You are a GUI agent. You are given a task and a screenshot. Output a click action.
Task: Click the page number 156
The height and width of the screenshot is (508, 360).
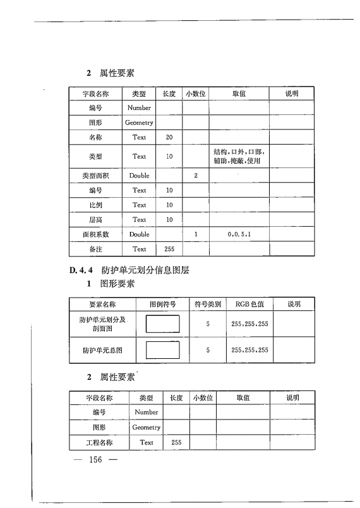point(96,459)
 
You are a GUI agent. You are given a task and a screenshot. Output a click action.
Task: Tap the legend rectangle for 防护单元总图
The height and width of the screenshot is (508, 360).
point(162,349)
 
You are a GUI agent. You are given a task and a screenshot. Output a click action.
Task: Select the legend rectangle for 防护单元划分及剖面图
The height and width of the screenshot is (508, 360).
point(162,324)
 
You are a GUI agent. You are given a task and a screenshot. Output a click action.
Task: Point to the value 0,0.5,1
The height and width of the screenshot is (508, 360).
point(239,234)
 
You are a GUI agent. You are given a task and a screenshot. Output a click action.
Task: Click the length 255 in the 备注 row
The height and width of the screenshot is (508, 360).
point(169,250)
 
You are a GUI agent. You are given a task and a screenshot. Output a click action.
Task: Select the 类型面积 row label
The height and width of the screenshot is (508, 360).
point(96,175)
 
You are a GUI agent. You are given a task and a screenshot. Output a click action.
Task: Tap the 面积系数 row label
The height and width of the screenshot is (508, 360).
point(96,234)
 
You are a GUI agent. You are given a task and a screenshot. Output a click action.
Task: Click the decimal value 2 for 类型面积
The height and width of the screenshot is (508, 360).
point(196,175)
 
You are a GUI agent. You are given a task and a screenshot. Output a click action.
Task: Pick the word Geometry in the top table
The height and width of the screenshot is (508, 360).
point(139,123)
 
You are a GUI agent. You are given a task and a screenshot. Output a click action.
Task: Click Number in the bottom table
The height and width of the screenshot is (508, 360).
point(147,412)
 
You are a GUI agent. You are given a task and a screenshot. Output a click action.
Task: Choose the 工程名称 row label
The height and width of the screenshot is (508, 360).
point(99,442)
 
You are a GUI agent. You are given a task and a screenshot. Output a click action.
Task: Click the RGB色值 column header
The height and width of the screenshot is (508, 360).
point(249,304)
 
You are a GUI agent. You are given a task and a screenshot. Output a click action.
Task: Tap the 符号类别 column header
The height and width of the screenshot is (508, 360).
point(208,304)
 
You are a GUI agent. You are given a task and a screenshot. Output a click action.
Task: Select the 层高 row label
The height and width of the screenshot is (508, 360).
point(96,220)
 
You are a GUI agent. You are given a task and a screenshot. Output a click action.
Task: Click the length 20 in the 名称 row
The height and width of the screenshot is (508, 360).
point(169,137)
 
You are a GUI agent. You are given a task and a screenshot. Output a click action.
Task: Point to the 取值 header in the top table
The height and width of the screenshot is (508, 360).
point(239,94)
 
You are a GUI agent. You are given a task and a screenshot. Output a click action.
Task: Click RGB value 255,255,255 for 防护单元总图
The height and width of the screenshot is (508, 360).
point(249,349)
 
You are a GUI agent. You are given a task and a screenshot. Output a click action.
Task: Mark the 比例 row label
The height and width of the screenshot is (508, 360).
point(96,205)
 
